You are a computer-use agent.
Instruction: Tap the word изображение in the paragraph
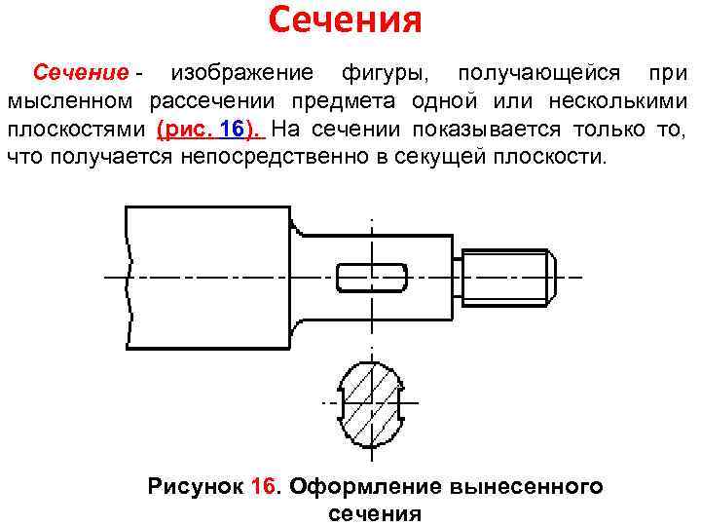coord(242,73)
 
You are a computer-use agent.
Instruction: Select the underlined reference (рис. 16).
coord(208,130)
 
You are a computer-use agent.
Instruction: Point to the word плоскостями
coord(75,130)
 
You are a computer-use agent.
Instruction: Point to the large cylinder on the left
coord(208,277)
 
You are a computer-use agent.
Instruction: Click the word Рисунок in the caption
coord(193,487)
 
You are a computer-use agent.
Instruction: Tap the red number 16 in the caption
coord(264,487)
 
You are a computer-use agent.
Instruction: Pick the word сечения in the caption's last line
coord(375,513)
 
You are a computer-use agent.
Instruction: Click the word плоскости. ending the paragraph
coord(553,157)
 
